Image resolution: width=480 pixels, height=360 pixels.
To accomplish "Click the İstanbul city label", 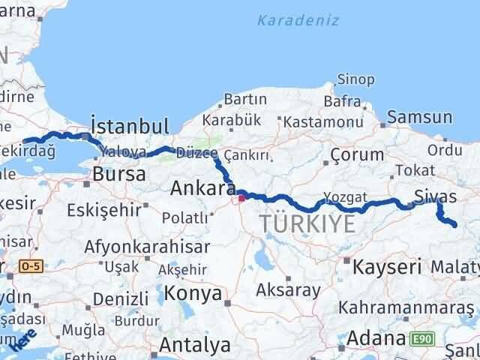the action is (129, 124).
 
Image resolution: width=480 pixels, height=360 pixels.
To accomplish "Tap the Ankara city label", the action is (203, 187).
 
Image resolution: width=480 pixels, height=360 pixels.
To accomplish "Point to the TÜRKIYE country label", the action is (307, 223).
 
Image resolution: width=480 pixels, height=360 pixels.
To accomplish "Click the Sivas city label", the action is (435, 196).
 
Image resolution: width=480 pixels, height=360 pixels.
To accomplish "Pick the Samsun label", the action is (420, 117).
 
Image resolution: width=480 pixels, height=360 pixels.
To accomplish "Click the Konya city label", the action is (193, 292).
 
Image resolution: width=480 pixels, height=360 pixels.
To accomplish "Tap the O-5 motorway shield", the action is (31, 265).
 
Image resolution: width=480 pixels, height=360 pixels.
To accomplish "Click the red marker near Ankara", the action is (241, 198).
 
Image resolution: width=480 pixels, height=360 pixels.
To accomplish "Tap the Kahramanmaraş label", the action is (406, 307).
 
